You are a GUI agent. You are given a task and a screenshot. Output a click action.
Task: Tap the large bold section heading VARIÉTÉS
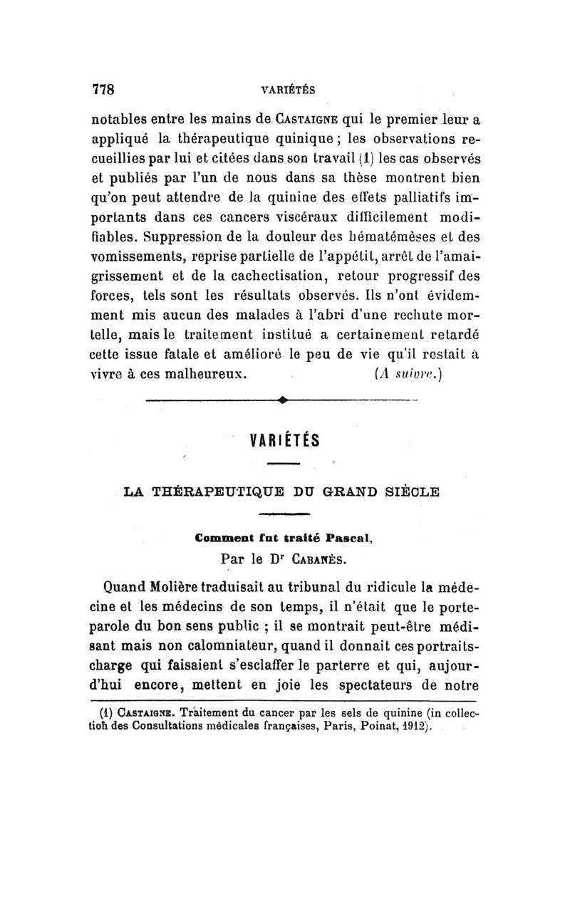click(x=284, y=439)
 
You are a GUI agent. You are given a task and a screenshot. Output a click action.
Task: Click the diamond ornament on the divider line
click(x=283, y=401)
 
